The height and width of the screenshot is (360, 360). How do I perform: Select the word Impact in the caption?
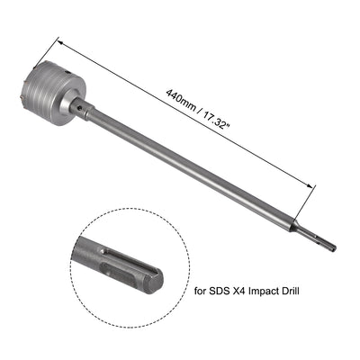[266, 290]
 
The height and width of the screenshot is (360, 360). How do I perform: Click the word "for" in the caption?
[202, 290]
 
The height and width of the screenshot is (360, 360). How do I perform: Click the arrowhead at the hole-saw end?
[62, 41]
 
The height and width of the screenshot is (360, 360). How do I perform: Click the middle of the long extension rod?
[198, 171]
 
